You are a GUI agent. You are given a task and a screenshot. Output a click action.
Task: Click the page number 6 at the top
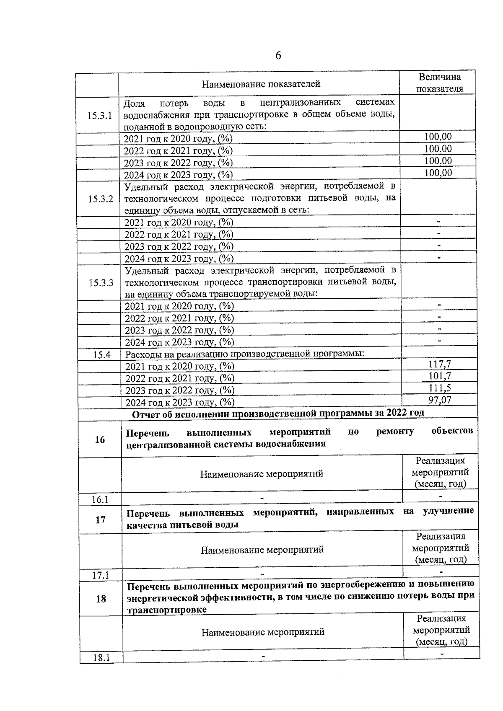coord(278,56)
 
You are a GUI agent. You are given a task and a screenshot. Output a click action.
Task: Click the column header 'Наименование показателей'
coord(261,84)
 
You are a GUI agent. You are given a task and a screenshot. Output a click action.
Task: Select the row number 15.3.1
coord(100,116)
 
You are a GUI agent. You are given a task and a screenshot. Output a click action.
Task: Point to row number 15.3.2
coord(101,199)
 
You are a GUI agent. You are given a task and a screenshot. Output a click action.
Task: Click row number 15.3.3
coord(101,283)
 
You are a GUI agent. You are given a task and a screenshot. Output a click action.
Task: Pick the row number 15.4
coord(101,355)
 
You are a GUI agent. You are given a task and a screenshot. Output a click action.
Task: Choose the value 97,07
coord(439,400)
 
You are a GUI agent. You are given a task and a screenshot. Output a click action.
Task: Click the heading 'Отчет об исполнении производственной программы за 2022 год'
coord(278,414)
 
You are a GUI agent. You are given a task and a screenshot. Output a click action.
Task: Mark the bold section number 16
coord(100,440)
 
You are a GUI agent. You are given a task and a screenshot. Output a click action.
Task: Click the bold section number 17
coord(101,520)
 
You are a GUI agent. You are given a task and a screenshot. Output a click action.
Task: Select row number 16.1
coord(100,499)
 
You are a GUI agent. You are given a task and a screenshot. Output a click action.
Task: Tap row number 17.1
coord(101,575)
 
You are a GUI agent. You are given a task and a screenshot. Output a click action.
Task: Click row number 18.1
coord(101,658)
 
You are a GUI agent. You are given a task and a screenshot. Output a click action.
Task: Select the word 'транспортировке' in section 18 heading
coord(166,610)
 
